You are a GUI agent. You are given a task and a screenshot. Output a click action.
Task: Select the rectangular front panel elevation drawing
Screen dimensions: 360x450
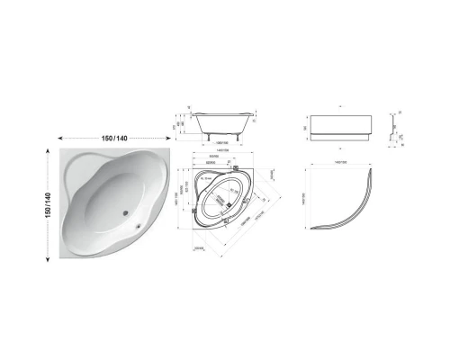[340, 123]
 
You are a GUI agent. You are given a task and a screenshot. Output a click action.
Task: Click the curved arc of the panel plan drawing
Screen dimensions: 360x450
[346, 216]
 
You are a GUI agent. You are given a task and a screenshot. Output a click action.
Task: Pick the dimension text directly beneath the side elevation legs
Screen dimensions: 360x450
[223, 142]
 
